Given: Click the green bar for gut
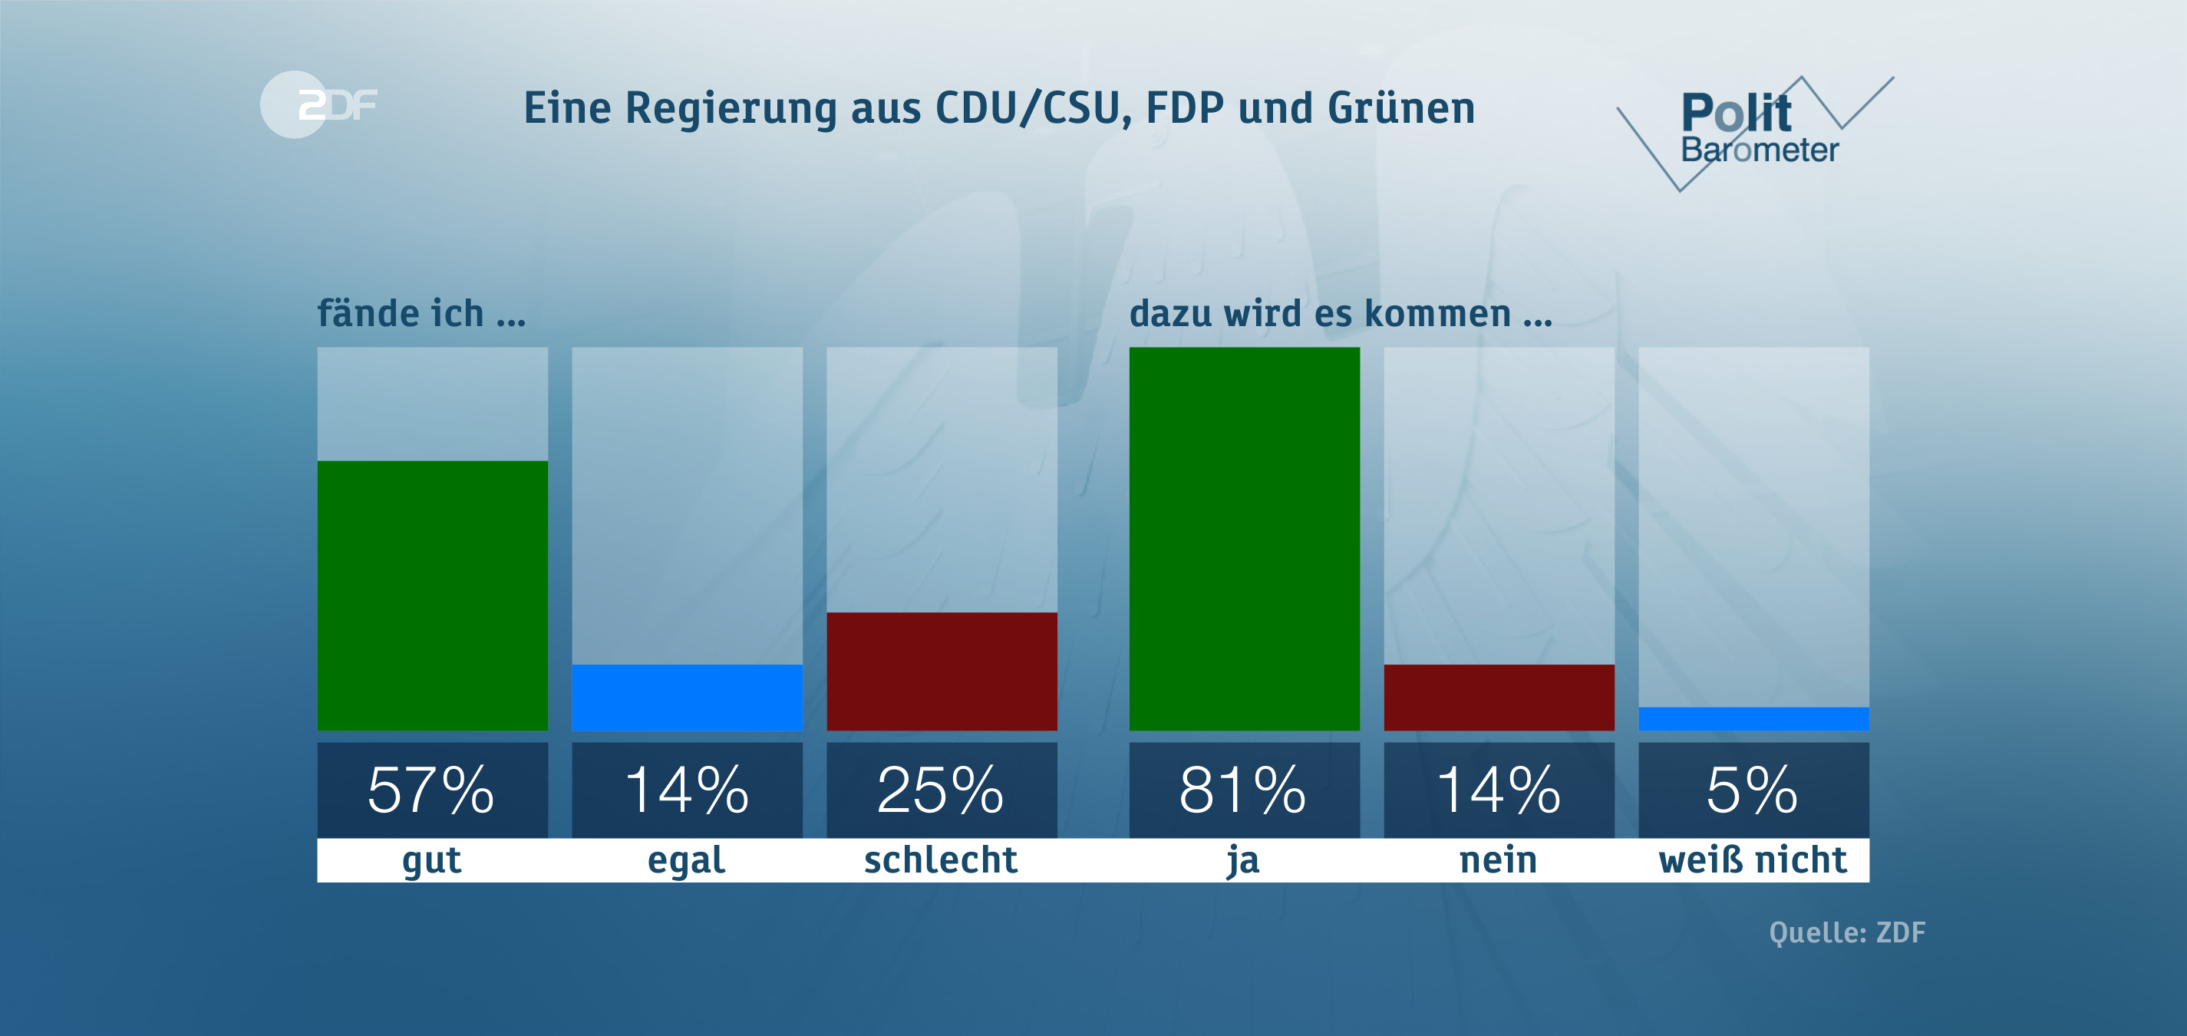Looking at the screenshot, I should (x=432, y=595).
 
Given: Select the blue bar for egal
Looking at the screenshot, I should (x=687, y=697).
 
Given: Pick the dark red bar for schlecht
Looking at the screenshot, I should (x=942, y=671).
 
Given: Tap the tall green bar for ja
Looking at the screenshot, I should (x=1244, y=539).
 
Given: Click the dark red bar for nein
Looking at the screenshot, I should (x=1499, y=697).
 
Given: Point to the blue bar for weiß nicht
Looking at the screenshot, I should (x=1753, y=718).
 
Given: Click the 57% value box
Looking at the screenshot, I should (x=432, y=790).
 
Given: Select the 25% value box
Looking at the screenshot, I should (x=942, y=790).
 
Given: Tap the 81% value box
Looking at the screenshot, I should (x=1244, y=790).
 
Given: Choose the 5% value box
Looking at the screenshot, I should (x=1753, y=790).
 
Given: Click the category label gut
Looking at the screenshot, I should (x=432, y=860).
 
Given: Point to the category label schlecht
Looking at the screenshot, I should (x=941, y=860).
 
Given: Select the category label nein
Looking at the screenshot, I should (x=1499, y=860).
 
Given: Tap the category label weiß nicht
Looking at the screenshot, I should (x=1753, y=860).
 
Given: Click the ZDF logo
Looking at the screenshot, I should (x=318, y=104).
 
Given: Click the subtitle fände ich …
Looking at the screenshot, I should (x=422, y=313).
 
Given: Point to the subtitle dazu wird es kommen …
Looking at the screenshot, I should (x=1341, y=313).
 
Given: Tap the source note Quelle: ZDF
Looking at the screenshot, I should (x=1846, y=932).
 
